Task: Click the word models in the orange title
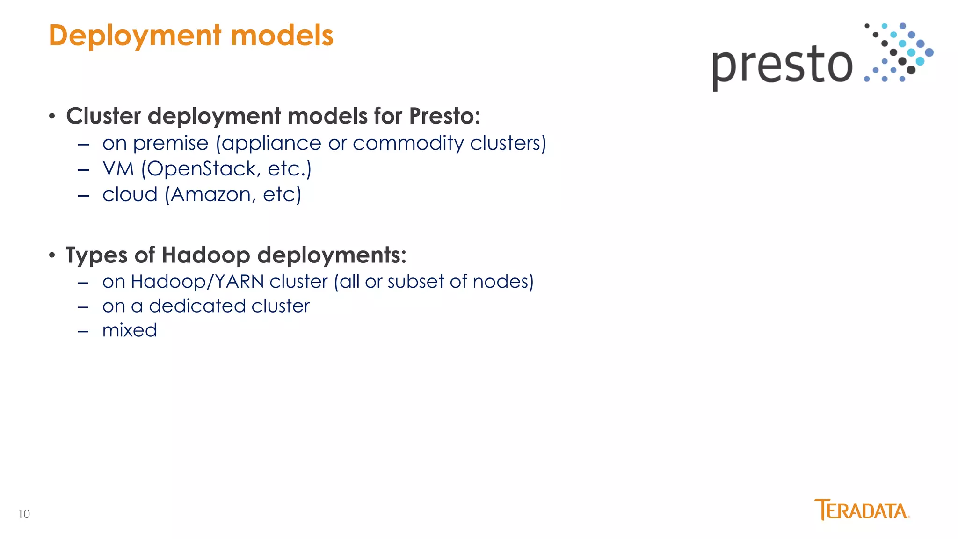282,36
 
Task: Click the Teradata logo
862,510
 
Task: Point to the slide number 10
24,514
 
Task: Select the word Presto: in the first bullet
444,116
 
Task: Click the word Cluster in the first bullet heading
103,116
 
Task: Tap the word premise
171,144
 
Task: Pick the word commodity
408,144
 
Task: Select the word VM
118,169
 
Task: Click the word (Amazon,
210,195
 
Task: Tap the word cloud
130,195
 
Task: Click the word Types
96,255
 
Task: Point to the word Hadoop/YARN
197,282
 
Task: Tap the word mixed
130,330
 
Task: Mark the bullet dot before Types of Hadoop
52,255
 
